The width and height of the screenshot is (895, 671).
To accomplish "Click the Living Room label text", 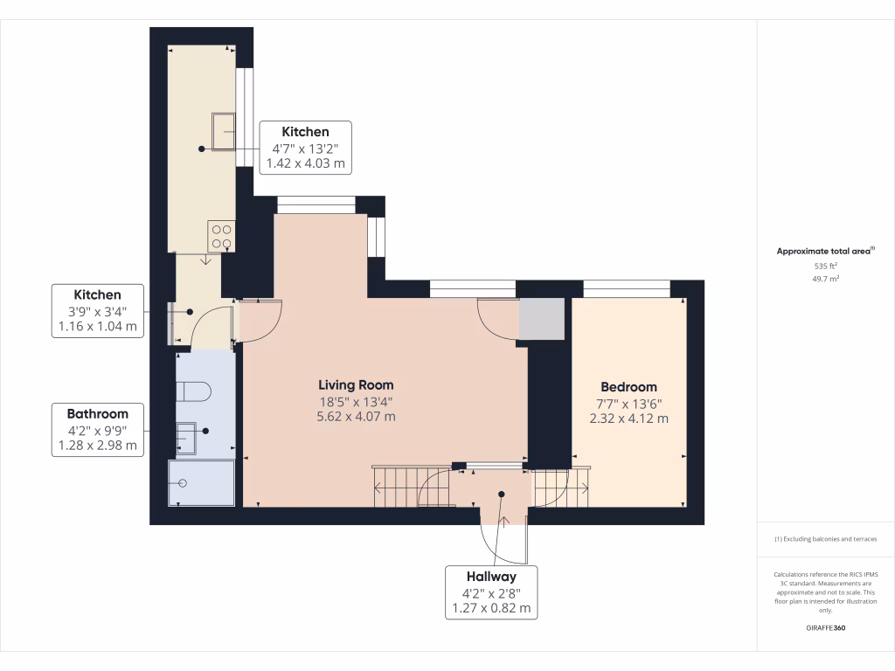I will [356, 384].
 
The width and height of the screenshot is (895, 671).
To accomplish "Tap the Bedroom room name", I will [628, 387].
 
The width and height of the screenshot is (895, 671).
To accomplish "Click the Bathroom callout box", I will [99, 429].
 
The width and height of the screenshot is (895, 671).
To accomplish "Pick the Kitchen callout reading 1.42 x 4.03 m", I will [305, 147].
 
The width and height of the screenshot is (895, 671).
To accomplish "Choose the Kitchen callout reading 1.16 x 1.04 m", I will [97, 311].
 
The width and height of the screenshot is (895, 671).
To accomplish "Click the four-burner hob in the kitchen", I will [221, 236].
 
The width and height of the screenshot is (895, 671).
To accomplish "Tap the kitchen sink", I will [223, 132].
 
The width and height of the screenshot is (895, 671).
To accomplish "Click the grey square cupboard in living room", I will [541, 319].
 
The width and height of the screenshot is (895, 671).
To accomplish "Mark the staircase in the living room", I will [410, 487].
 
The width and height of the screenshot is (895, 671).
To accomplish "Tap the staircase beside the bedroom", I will [559, 487].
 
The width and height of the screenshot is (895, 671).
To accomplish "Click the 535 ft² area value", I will [826, 266].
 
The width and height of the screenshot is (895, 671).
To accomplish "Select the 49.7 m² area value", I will [826, 280].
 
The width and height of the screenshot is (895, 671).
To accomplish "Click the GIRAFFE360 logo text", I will [826, 628].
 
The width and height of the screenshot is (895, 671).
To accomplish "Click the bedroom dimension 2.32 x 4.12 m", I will [628, 419].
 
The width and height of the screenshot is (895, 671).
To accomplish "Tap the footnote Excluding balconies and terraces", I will [826, 539].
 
